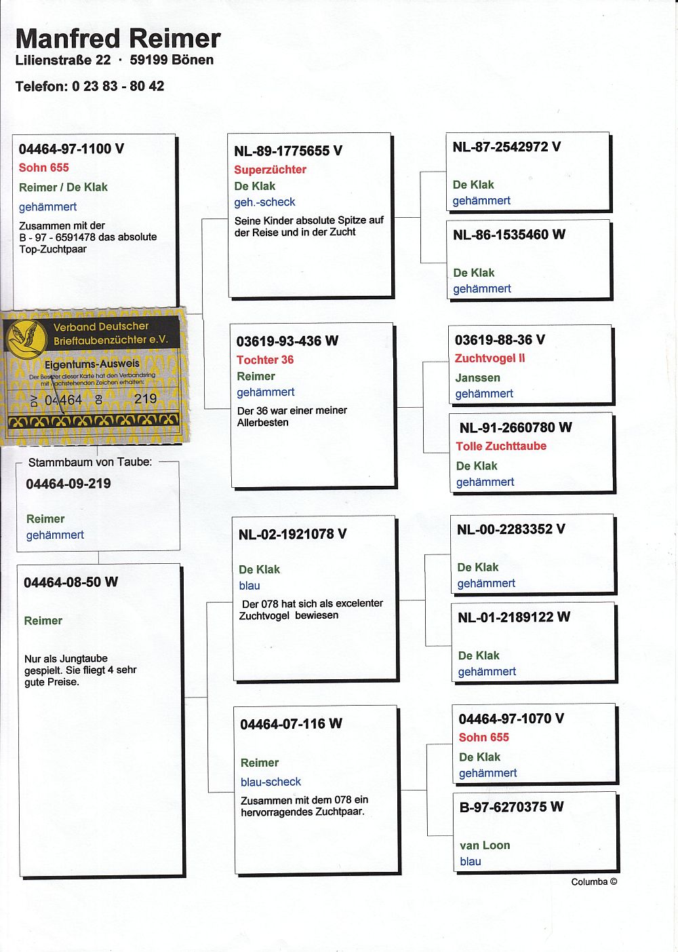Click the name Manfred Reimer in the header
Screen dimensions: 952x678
coord(118,39)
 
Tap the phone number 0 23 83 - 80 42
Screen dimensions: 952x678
coord(118,86)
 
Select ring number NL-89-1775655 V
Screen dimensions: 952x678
coord(288,151)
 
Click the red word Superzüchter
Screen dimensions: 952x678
coord(270,170)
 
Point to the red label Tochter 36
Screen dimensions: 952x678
coord(264,360)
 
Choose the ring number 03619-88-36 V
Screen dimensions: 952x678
coord(500,340)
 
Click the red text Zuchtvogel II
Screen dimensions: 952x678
coord(490,358)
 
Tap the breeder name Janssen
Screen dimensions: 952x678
coord(477,377)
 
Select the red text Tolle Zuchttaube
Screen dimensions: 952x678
coord(501,446)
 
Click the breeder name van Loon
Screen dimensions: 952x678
coord(485,845)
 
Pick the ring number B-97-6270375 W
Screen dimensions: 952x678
coord(511,807)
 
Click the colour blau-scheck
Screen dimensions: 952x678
coord(271,782)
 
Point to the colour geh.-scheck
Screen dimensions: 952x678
coord(264,202)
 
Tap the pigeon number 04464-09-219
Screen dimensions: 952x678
coord(68,484)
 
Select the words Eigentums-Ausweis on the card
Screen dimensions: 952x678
coord(92,364)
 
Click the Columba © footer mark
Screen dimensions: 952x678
coord(594,882)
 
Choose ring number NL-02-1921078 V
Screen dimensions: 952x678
coord(292,534)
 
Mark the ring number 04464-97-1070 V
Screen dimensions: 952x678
coord(511,719)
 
